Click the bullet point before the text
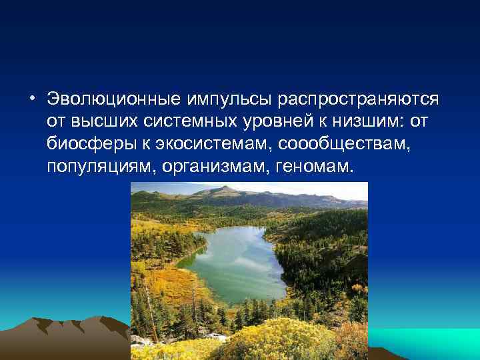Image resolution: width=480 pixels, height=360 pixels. pyautogui.click(x=31, y=99)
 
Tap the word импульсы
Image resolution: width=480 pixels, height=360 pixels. pyautogui.click(x=226, y=99)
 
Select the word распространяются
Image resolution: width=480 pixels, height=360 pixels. pyautogui.click(x=359, y=99)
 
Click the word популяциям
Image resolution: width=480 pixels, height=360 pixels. pyautogui.click(x=101, y=165)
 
